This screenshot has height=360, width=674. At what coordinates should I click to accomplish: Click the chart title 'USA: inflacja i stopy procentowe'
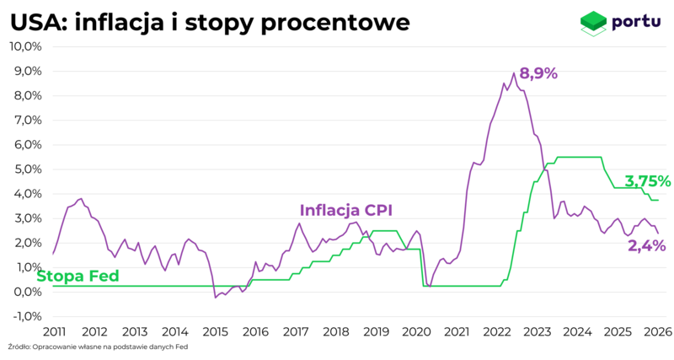(x=210, y=23)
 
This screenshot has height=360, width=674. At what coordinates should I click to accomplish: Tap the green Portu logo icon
(x=593, y=23)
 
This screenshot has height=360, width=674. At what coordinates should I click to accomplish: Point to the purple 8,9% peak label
(x=538, y=73)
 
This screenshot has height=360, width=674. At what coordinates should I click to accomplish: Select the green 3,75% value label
(x=647, y=181)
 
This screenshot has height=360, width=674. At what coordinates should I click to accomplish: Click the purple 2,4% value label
(x=646, y=245)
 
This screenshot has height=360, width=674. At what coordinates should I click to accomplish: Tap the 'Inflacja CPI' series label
(x=346, y=210)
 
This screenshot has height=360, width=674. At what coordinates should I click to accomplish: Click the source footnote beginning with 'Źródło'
(x=98, y=347)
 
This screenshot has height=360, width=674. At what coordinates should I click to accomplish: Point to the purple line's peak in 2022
(x=514, y=73)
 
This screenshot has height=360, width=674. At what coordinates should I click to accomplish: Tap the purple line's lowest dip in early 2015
(x=215, y=298)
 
